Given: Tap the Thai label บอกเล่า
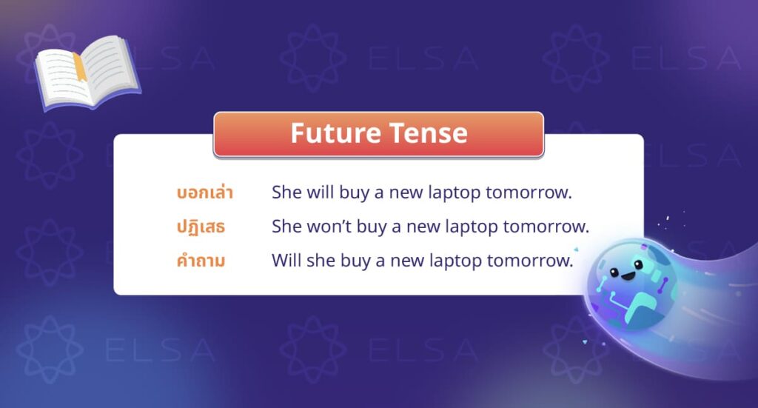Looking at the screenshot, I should coord(205,193).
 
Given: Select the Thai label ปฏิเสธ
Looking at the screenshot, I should coord(201,227).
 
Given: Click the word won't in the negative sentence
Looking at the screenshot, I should coord(327,227).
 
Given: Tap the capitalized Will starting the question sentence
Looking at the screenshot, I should coord(286,261).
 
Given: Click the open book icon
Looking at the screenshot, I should coord(87,72).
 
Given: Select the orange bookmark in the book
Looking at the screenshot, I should coord(78,66).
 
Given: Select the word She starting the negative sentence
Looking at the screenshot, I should coord(287,227).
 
